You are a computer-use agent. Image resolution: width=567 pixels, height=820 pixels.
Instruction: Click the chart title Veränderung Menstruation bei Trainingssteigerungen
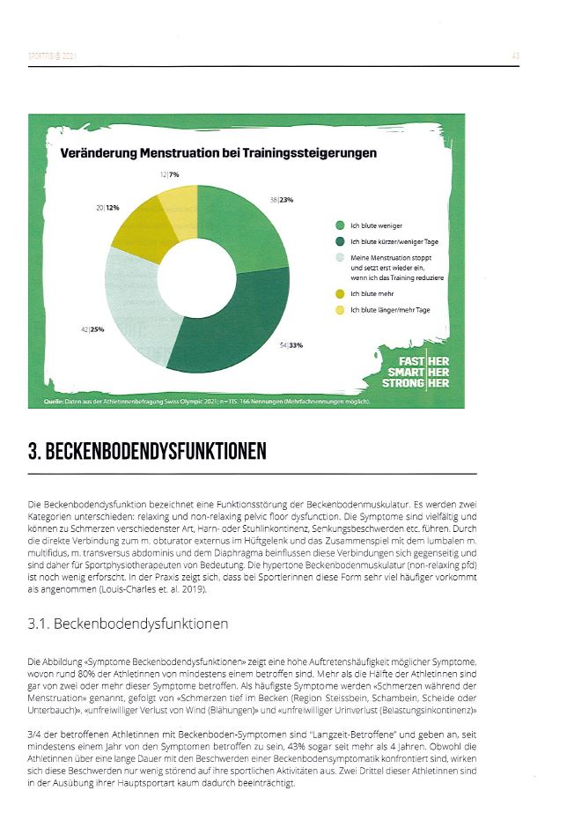pos(217,153)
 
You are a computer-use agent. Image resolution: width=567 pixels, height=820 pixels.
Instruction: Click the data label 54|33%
pos(291,345)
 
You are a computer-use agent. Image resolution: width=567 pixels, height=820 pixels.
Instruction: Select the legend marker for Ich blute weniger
pos(339,226)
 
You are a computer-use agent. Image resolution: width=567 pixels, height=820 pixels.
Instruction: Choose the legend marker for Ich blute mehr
pos(339,293)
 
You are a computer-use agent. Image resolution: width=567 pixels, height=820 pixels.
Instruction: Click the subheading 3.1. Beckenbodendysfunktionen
pos(129,624)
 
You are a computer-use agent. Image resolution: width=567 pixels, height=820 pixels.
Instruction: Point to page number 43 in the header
pos(515,56)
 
